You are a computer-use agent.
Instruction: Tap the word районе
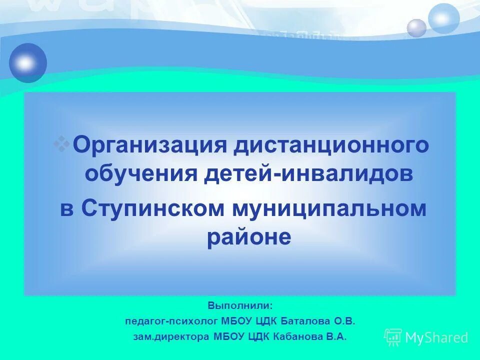248,237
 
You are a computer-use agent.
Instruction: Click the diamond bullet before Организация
62,143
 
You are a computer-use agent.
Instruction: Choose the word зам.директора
171,337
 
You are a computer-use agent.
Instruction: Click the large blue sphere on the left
28,63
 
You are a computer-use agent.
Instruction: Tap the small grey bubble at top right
416,28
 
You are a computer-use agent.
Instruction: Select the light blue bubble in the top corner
443,18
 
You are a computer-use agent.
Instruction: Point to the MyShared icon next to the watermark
393,337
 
